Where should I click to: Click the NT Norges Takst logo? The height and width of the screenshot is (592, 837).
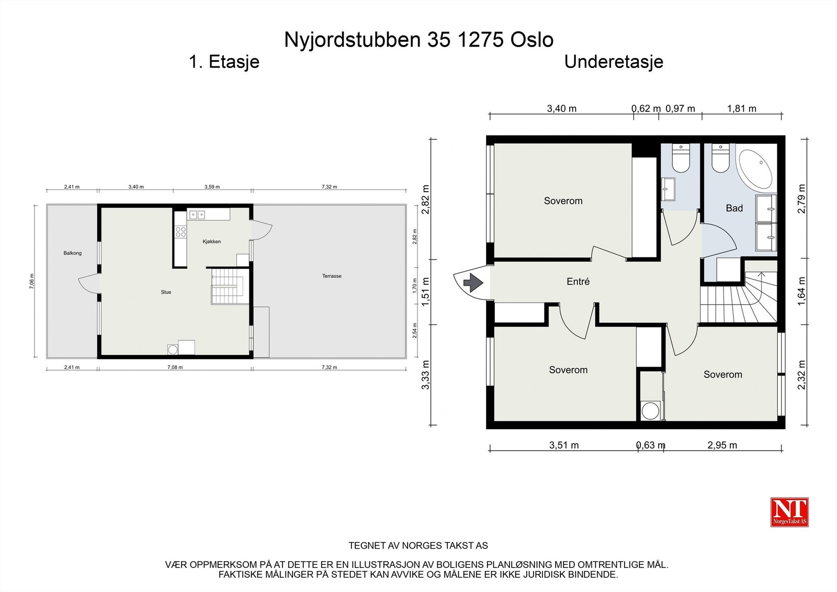789,512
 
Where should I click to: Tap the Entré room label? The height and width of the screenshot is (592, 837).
578,282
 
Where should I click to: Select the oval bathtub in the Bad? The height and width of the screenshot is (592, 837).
755,170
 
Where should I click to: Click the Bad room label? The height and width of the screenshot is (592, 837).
734,208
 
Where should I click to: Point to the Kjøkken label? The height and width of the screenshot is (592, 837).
212,242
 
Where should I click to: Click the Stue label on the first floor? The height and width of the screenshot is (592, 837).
166,292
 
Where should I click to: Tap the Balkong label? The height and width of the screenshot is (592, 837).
73,253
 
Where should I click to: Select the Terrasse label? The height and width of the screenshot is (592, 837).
332,276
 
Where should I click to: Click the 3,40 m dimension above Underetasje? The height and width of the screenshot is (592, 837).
561,109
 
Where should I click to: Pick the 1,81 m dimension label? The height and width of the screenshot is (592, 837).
741,109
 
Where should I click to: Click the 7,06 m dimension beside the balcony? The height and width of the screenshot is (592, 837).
32,282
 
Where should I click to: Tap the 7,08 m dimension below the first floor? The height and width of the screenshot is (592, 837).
175,367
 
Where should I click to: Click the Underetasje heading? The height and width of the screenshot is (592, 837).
613,62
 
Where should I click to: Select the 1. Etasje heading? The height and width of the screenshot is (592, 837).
224,62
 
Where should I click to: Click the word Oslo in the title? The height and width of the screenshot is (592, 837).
531,40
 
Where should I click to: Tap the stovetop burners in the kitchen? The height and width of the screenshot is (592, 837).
181,231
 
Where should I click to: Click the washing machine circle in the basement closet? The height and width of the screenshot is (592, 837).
650,411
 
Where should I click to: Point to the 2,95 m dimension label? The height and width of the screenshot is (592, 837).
722,445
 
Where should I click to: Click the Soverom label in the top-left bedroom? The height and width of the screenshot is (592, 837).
563,201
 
